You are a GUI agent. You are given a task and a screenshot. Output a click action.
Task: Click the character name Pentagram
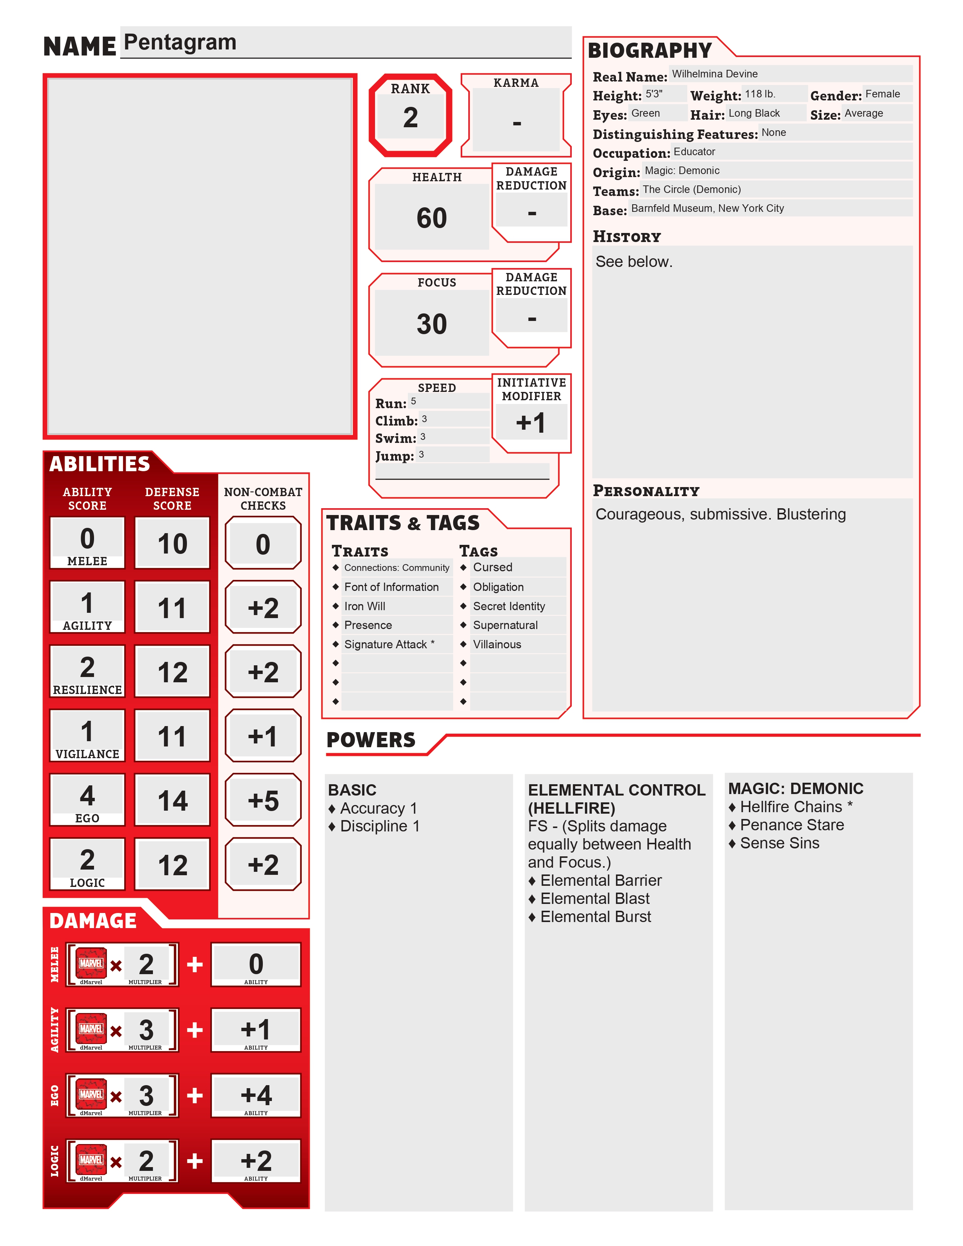(x=180, y=42)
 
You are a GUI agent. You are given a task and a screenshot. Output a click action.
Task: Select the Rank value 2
(x=410, y=117)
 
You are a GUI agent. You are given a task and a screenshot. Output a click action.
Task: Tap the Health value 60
(x=431, y=218)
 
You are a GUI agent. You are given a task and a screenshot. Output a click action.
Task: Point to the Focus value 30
(x=431, y=324)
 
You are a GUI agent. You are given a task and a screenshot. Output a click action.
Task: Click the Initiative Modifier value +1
(x=531, y=423)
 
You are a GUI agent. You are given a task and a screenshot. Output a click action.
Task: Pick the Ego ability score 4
(x=87, y=795)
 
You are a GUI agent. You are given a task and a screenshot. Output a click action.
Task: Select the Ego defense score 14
(x=172, y=801)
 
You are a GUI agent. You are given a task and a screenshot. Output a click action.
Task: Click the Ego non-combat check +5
(x=263, y=801)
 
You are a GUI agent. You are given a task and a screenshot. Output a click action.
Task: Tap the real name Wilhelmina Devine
(x=714, y=74)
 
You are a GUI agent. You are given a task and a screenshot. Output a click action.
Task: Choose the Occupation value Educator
(x=694, y=152)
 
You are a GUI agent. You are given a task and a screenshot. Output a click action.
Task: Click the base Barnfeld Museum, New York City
(x=707, y=208)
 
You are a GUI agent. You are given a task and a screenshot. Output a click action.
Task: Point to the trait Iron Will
(x=364, y=606)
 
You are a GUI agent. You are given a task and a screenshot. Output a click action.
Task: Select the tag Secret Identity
(x=509, y=606)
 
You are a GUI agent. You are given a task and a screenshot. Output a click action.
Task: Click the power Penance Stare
(x=792, y=825)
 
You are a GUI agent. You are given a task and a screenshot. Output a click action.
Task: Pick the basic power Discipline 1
(x=380, y=826)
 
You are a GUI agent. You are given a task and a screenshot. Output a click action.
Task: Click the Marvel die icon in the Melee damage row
(x=91, y=964)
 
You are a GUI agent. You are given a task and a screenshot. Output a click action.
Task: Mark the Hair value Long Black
(x=754, y=113)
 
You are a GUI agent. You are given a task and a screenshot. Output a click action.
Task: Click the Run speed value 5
(x=414, y=401)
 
